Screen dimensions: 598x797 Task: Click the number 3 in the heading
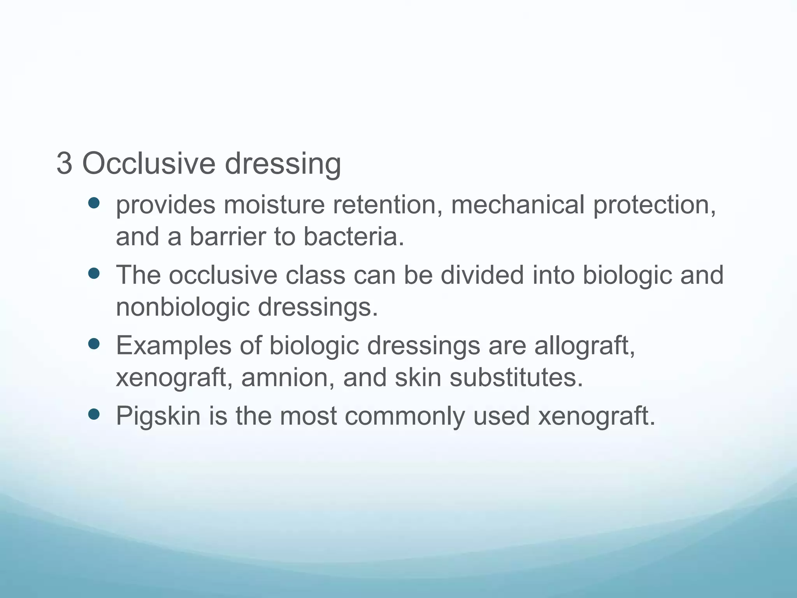(x=64, y=164)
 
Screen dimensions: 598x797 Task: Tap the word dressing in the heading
(x=283, y=164)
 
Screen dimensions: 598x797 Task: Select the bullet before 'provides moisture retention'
(x=94, y=203)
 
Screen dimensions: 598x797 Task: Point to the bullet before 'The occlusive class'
(x=94, y=273)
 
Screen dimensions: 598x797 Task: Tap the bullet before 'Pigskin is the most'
(x=94, y=414)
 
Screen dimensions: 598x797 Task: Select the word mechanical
(x=517, y=205)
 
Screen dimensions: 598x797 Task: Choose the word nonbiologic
(x=183, y=308)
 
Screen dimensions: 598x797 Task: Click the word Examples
(x=174, y=346)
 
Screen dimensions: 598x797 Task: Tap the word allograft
(x=585, y=346)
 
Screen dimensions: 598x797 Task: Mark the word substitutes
(x=516, y=378)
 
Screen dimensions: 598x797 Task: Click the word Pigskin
(x=158, y=417)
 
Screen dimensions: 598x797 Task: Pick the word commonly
(x=404, y=417)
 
